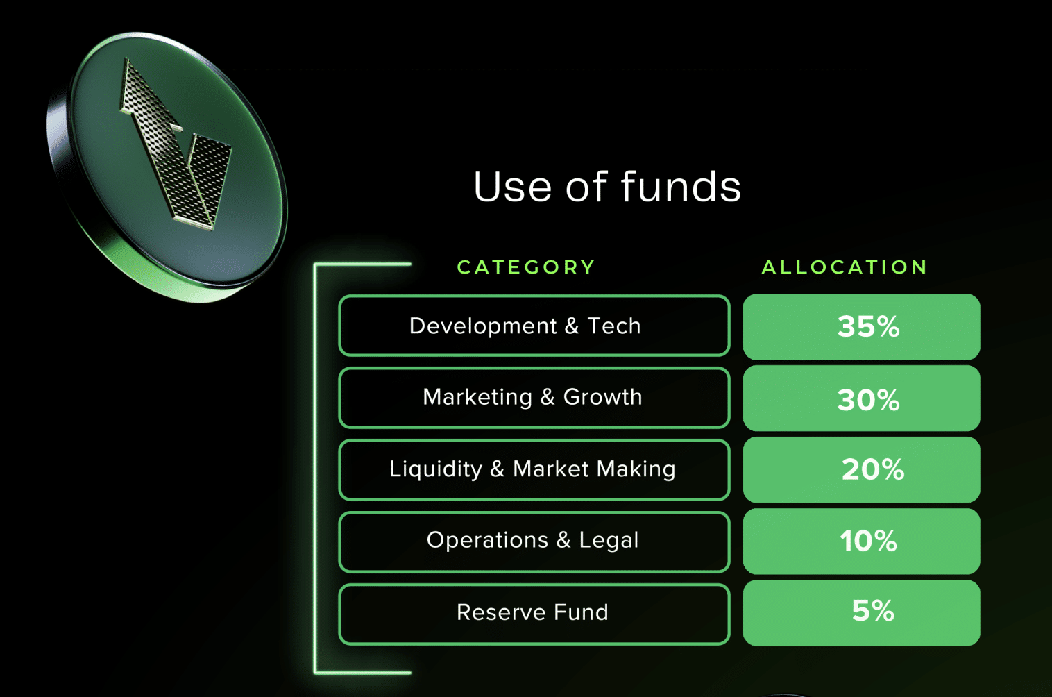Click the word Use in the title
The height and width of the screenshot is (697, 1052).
[512, 187]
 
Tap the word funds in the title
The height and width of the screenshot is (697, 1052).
[681, 186]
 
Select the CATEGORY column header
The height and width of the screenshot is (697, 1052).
[526, 267]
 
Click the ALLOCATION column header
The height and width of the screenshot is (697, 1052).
[845, 267]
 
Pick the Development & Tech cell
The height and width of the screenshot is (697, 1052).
[534, 326]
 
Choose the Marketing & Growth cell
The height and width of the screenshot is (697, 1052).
[534, 398]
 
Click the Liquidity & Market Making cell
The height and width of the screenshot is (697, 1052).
[534, 469]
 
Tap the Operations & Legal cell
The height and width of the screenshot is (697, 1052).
[534, 541]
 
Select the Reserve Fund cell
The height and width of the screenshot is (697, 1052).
[534, 614]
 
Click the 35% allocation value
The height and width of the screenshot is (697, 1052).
[868, 326]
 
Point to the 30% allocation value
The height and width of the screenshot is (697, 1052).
[868, 400]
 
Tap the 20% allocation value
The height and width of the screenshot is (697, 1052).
[872, 469]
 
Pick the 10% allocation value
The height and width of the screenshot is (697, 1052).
[868, 541]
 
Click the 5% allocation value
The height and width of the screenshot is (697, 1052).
[873, 610]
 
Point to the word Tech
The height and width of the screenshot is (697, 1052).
[614, 326]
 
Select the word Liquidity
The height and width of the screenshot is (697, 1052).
[436, 469]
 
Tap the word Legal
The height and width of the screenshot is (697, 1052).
[609, 541]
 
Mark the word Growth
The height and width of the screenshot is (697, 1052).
[602, 397]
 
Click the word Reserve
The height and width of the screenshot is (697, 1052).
[501, 612]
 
